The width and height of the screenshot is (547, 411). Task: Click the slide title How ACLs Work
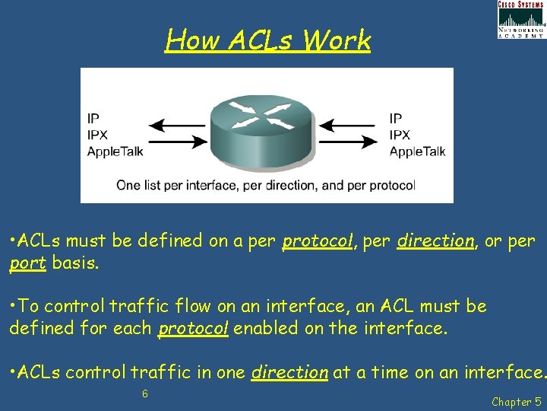point(267,40)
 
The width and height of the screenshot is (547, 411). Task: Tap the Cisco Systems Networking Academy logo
point(520,20)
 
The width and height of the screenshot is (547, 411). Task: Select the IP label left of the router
point(93,118)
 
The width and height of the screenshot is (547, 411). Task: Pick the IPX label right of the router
point(400,135)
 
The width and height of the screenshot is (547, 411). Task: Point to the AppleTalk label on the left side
point(115,151)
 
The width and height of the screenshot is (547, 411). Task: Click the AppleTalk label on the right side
point(417,151)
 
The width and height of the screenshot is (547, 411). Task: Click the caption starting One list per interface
point(266,185)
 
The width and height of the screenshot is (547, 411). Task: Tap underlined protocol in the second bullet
point(193,330)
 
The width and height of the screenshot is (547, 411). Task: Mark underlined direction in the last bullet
point(289,373)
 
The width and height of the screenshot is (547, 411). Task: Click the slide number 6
point(145,393)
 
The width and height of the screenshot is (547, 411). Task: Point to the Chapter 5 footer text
point(516,401)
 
